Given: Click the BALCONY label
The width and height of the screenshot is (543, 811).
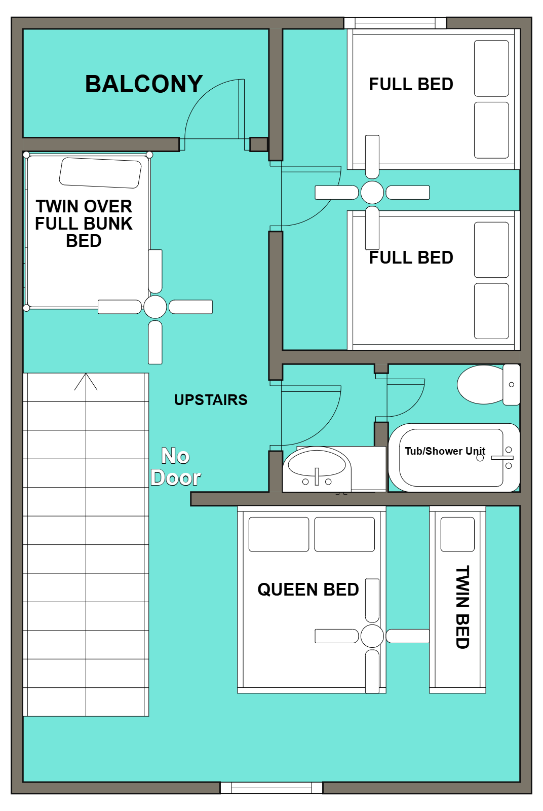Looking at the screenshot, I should click(x=144, y=84).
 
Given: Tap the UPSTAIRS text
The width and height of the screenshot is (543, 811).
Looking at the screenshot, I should click(x=211, y=400).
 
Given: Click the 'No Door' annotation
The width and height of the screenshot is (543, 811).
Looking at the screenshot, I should click(x=176, y=467).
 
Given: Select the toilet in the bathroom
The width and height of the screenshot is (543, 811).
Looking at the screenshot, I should click(x=481, y=385).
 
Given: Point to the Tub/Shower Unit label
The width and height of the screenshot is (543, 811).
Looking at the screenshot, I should click(x=445, y=451).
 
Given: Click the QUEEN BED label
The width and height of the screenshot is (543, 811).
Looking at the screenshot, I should click(x=308, y=589).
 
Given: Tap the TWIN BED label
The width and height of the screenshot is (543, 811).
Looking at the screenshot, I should click(x=462, y=607).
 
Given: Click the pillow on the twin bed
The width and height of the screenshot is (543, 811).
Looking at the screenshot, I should click(x=457, y=534).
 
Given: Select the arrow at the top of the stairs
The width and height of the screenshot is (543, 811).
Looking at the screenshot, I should click(x=86, y=381).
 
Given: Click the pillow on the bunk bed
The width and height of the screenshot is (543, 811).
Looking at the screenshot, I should click(x=100, y=173).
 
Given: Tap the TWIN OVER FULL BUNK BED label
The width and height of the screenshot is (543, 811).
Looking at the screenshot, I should click(x=84, y=224).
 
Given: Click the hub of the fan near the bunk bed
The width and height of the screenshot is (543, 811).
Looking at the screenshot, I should click(x=155, y=307).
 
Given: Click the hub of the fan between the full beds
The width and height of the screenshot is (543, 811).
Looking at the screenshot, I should click(x=372, y=193).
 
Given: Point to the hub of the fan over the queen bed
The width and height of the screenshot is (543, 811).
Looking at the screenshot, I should click(x=372, y=636).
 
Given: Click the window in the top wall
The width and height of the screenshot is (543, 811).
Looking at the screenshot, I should click(x=395, y=23).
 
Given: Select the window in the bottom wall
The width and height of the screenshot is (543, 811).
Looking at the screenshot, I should click(x=271, y=788).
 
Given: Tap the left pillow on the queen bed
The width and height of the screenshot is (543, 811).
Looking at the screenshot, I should click(x=279, y=534).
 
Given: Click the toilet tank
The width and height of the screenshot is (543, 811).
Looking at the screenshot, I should click(x=512, y=385).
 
